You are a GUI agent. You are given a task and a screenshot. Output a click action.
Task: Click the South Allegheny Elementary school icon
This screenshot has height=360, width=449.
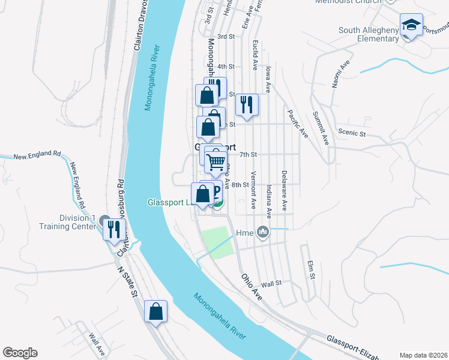tap(411, 25)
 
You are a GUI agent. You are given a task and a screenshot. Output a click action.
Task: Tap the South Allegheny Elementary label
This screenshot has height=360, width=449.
tap(369, 35)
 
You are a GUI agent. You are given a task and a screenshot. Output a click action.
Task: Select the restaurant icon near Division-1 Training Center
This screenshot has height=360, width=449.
tap(114, 229)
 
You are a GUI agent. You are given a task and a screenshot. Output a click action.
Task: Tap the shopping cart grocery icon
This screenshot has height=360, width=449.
tap(216, 161)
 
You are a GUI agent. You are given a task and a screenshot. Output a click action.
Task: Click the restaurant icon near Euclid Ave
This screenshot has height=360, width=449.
tap(247, 106)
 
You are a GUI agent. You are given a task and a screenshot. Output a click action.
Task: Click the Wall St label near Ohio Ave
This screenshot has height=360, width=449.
tap(271, 282)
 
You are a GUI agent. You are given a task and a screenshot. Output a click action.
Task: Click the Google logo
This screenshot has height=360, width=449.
tap(20, 353)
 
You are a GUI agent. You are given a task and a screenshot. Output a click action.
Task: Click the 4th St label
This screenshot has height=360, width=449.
tap(226, 66)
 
